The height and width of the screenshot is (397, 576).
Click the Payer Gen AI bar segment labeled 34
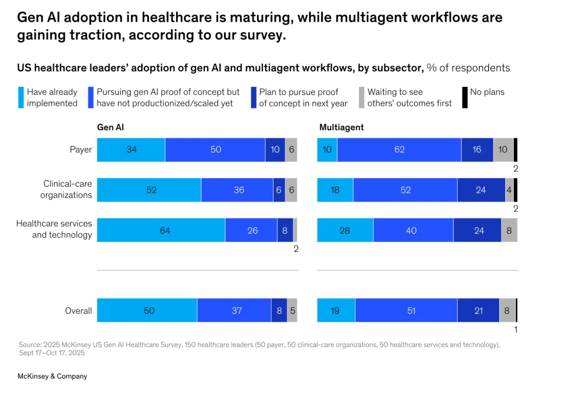[131, 149]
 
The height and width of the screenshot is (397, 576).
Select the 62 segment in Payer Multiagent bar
[399, 149]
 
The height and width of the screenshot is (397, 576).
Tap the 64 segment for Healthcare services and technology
[161, 230]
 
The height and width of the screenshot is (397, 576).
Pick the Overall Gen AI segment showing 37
[234, 310]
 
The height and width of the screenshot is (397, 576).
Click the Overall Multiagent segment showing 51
[406, 310]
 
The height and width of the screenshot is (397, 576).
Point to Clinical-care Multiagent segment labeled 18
[335, 190]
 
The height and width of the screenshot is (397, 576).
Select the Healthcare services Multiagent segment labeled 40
[413, 230]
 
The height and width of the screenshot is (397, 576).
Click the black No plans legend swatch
[465, 98]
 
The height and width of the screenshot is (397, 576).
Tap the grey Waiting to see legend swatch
[362, 98]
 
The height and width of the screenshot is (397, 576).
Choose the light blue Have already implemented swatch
[21, 98]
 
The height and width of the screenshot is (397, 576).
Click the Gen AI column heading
[110, 127]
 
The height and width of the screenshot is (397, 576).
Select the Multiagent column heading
[341, 127]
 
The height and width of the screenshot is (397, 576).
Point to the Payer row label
[81, 149]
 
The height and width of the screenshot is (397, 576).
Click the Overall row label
[78, 311]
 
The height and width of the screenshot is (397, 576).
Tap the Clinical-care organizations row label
[66, 189]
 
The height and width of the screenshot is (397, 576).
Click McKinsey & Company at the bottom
[52, 376]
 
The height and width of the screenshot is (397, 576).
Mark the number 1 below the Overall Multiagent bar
[516, 329]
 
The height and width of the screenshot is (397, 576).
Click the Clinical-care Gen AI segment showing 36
[237, 190]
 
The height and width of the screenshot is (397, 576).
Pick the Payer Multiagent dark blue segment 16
[477, 149]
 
